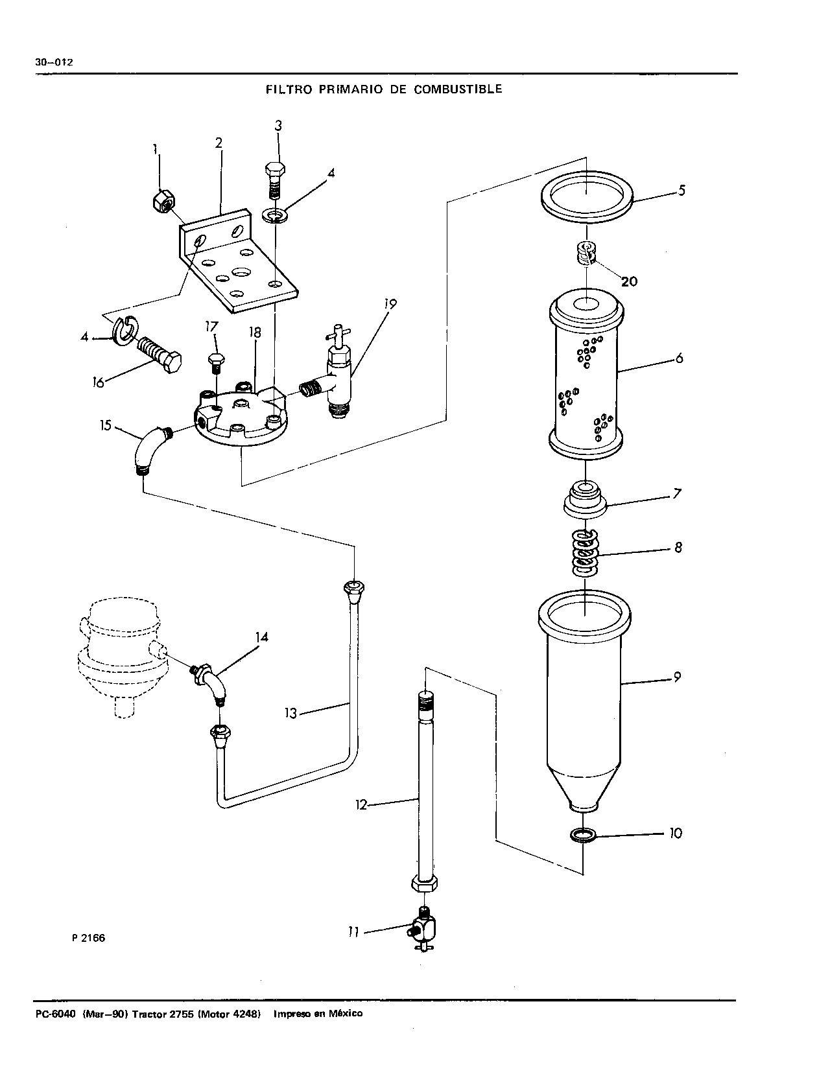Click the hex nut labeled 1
[163, 201]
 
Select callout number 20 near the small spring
[629, 282]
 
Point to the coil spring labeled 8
[585, 552]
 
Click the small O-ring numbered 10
[582, 835]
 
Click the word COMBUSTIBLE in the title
[458, 89]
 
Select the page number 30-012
[54, 62]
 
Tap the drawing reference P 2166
[89, 938]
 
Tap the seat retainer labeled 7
[585, 500]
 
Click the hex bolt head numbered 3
[275, 169]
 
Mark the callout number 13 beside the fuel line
[290, 714]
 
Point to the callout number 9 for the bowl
[678, 677]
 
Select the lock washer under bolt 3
[276, 215]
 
